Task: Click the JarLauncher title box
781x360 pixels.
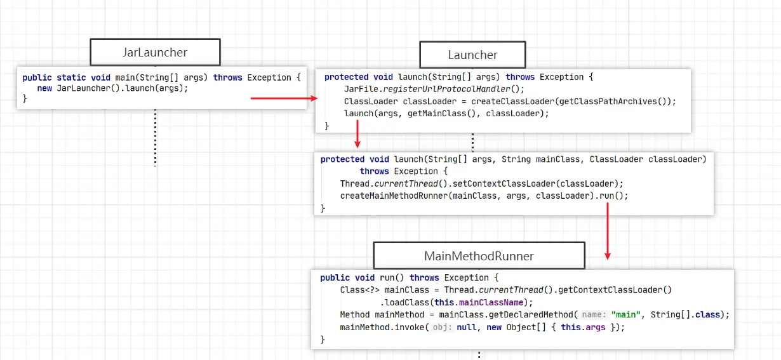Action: (155, 52)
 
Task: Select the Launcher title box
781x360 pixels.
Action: (472, 55)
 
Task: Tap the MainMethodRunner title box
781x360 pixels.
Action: (479, 256)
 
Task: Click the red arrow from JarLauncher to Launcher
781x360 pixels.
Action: (284, 98)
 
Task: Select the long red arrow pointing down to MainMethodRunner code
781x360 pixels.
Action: (608, 232)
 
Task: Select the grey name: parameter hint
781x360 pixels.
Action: (594, 314)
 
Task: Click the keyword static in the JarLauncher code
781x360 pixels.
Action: (71, 77)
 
